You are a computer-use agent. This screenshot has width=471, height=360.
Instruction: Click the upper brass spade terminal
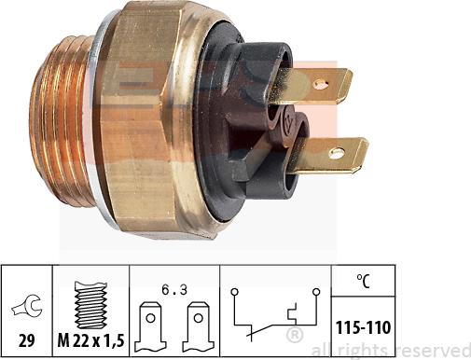317,85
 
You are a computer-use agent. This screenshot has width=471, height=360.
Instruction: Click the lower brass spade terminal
333,156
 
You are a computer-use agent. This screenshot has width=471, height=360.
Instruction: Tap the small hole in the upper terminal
322,84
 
